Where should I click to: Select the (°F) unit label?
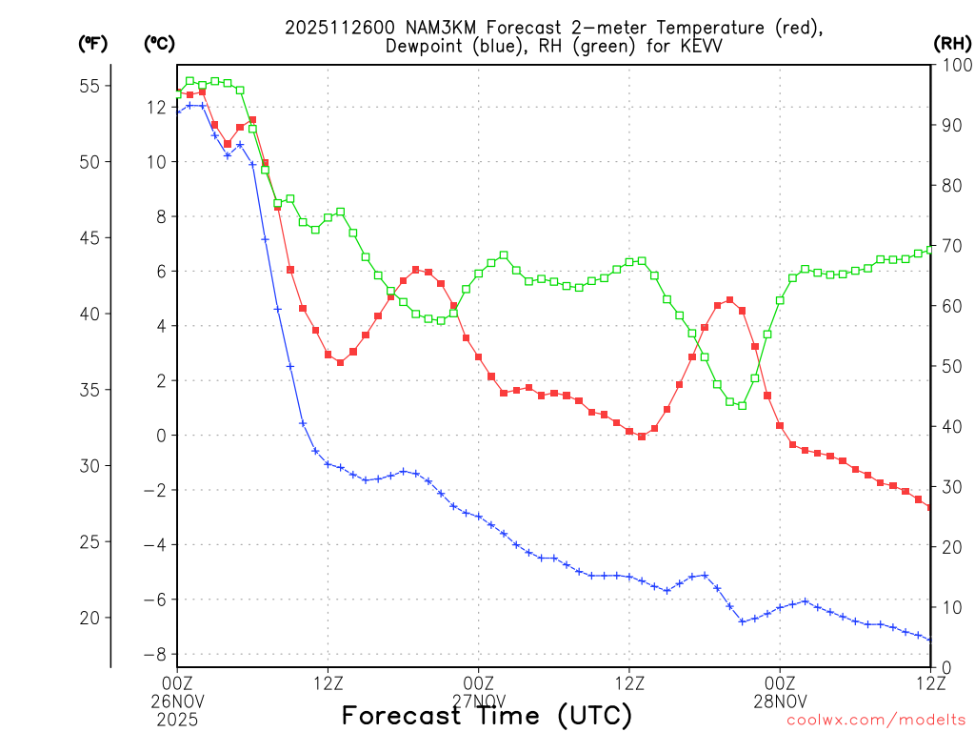pos(93,43)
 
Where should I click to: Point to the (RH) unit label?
pos(951,43)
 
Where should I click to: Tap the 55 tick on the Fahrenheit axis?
pos(90,86)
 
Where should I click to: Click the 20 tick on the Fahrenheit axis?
pos(90,618)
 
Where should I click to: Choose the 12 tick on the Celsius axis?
pos(156,108)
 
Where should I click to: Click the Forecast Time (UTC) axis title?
pos(487,716)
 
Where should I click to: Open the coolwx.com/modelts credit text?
pos(875,721)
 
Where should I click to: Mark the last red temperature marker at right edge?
pos(930,507)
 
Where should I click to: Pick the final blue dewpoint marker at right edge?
pos(930,640)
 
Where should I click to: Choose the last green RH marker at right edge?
pos(930,249)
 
